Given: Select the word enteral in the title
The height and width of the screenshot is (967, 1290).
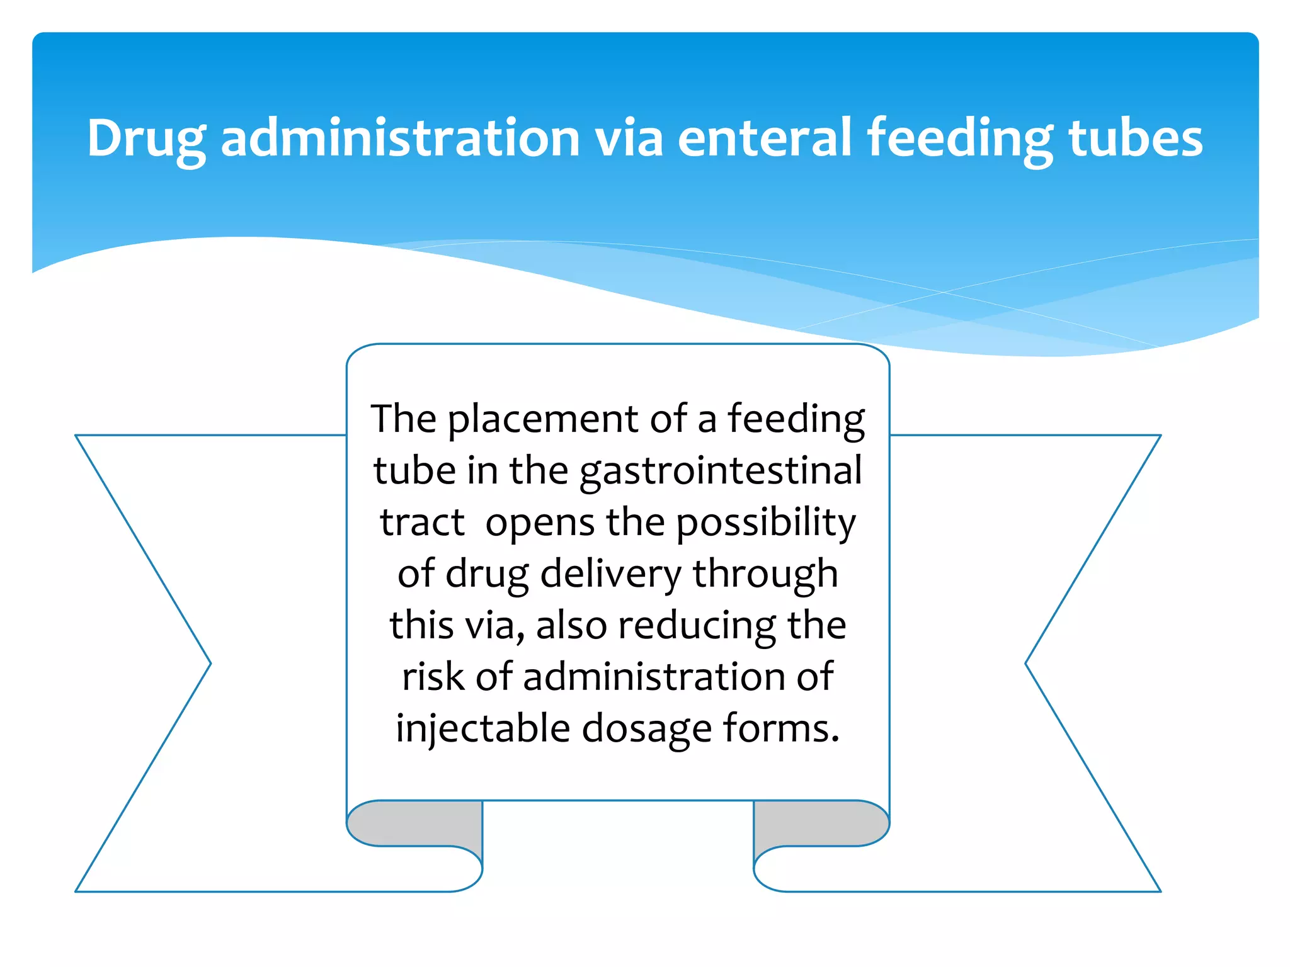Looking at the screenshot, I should coord(764,139).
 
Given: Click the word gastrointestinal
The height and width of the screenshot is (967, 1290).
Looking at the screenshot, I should coord(721,472).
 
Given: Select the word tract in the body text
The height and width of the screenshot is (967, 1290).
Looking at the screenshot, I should coord(422,523).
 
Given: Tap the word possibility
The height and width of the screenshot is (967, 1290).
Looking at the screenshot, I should coord(766,524).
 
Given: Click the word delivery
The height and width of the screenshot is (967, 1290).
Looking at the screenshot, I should coord(611,574).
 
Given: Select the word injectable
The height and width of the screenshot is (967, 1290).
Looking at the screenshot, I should coord(482,729).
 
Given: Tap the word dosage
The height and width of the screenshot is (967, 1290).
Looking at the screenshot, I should coord(646,730).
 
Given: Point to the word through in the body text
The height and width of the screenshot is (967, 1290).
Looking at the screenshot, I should coord(765,575).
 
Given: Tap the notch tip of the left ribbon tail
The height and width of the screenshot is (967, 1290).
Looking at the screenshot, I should coord(209,663).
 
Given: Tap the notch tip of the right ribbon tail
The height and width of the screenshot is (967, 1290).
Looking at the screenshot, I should coord(1027,663).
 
